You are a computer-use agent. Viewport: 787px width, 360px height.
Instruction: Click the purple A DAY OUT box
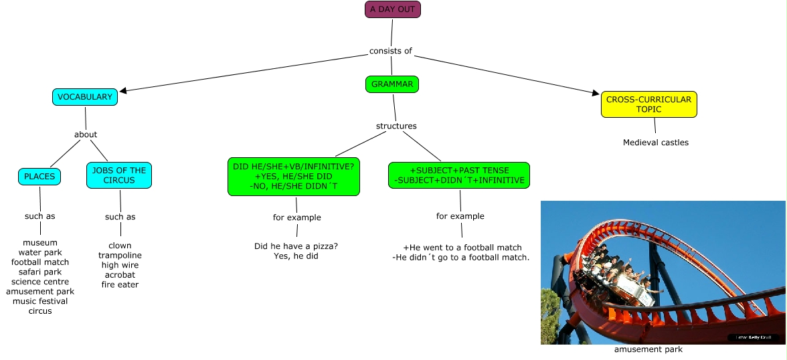393,9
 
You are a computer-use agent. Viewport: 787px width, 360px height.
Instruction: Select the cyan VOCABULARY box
85,97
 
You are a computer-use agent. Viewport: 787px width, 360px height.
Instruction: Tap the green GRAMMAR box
392,84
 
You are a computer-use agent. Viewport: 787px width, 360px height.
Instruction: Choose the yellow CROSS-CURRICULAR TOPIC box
648,104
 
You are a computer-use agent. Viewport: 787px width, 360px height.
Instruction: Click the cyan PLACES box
39,177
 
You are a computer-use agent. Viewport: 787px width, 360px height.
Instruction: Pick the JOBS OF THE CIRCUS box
119,175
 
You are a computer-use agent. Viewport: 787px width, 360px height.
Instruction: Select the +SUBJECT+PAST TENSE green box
459,175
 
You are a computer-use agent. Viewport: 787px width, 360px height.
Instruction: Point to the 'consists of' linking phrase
391,51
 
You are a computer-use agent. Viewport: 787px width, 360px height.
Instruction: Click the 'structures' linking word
396,126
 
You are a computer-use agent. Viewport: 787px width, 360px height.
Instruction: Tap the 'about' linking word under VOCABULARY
86,134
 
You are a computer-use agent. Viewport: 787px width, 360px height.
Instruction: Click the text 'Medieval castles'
655,143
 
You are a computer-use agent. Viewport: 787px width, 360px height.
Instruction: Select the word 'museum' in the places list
40,243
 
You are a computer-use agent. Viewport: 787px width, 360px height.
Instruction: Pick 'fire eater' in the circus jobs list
120,285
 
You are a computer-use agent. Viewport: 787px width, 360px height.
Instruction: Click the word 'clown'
120,246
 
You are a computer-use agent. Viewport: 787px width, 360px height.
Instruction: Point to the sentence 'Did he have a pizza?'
296,246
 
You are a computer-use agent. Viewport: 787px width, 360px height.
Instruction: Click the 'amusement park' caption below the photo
648,349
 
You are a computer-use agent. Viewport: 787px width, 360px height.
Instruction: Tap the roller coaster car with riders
619,274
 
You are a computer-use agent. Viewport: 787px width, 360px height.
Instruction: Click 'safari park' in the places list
40,272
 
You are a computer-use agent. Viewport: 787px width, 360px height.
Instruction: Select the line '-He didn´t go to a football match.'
461,258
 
